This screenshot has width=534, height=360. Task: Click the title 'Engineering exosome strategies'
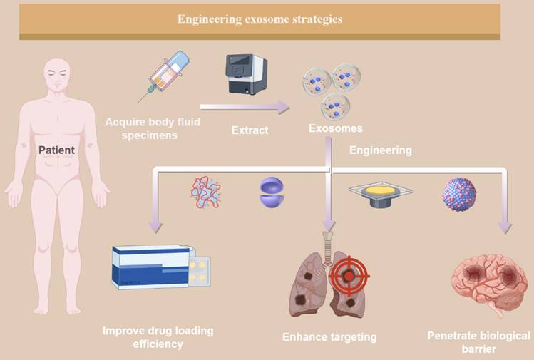click(260, 19)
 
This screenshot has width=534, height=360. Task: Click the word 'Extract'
click(250, 131)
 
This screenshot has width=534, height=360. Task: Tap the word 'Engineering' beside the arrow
click(380, 150)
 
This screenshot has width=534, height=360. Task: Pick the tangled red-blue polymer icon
click(205, 191)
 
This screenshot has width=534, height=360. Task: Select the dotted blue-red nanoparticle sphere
click(459, 193)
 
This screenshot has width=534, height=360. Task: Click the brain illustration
click(489, 282)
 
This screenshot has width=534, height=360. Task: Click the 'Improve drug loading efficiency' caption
click(158, 337)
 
